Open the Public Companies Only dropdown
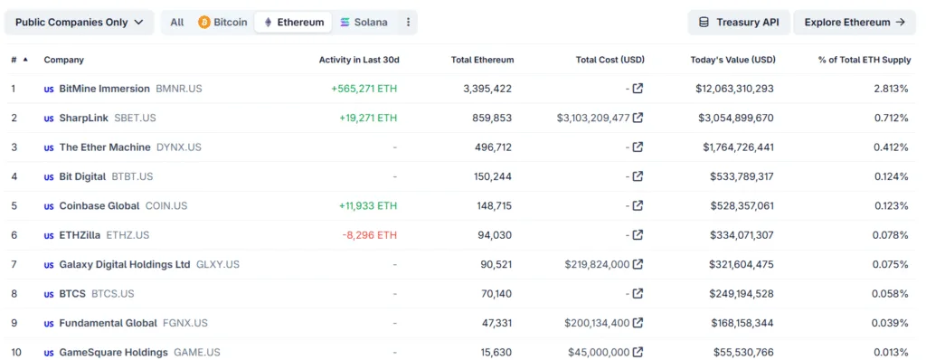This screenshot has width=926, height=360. (79, 23)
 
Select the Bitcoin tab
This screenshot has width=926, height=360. (222, 23)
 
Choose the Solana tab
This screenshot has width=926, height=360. (363, 23)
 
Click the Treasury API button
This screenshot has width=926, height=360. (739, 23)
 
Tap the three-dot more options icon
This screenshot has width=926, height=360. (408, 23)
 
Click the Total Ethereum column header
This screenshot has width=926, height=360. (482, 60)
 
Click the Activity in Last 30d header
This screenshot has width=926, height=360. (359, 60)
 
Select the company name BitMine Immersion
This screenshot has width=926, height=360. (104, 89)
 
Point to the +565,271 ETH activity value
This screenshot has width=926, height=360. (364, 89)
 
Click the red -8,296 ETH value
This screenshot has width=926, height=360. (369, 235)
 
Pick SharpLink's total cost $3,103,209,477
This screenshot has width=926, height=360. (592, 118)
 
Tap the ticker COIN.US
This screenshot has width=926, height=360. (166, 206)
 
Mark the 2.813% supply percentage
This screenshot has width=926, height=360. (891, 89)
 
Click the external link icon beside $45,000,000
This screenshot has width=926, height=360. (638, 353)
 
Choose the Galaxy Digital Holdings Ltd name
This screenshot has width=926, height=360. (125, 265)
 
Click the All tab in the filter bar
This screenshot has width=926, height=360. (177, 23)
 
